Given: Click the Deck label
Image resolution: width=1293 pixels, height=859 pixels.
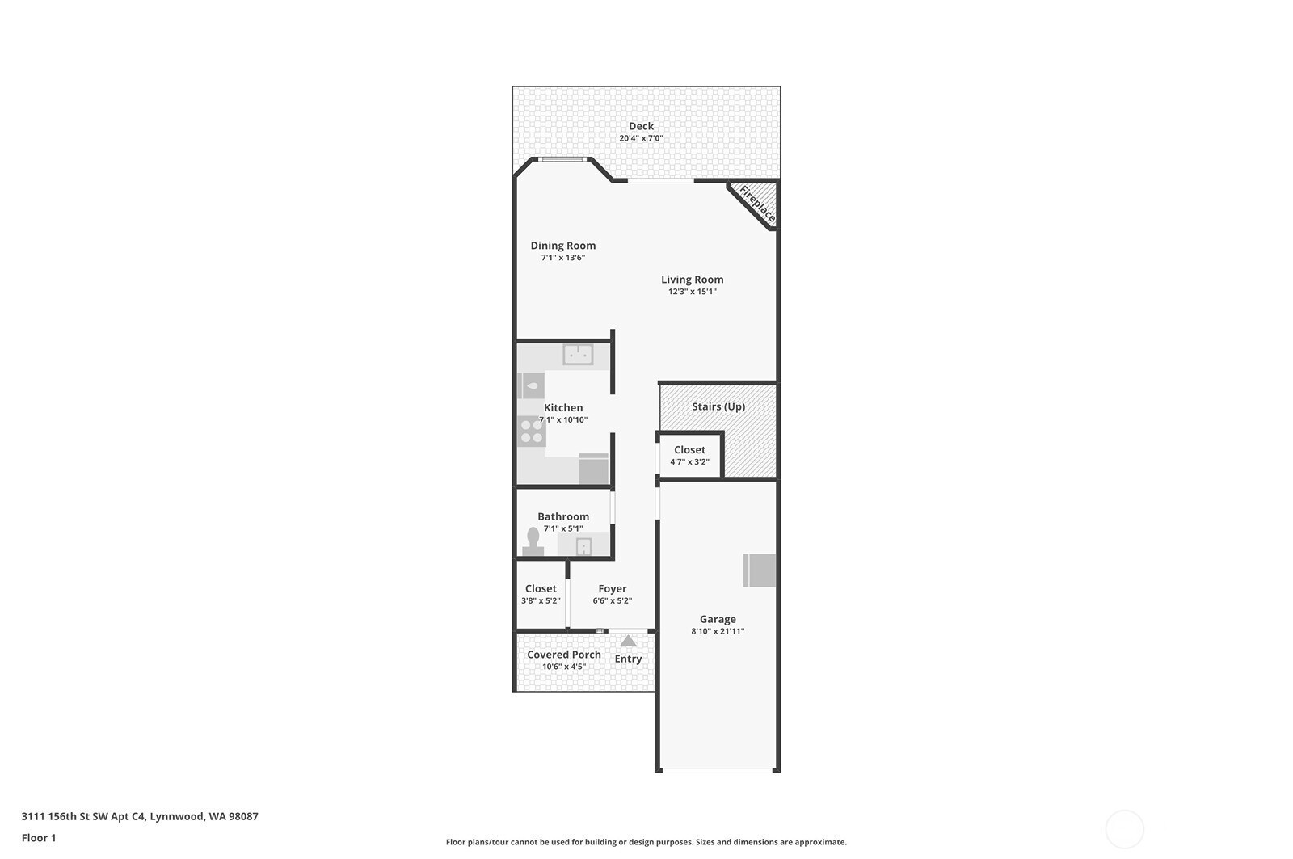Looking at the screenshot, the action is pyautogui.click(x=641, y=126).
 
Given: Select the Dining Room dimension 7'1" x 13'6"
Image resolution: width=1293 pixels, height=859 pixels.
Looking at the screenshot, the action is pyautogui.click(x=562, y=258).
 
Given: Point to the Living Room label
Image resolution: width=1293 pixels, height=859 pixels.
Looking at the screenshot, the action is pyautogui.click(x=692, y=280).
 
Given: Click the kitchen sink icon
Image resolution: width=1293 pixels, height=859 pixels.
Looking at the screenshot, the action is pyautogui.click(x=578, y=355).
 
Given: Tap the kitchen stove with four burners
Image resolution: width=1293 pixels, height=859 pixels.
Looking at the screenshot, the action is pyautogui.click(x=531, y=432).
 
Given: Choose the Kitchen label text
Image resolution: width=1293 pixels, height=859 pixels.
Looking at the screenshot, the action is pyautogui.click(x=562, y=407).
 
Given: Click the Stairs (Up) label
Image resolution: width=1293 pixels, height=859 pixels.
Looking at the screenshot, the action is pyautogui.click(x=718, y=406).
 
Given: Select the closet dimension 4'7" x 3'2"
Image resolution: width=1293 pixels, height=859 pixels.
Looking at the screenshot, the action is pyautogui.click(x=689, y=462).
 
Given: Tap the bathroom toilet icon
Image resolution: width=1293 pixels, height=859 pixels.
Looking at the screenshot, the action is pyautogui.click(x=533, y=541).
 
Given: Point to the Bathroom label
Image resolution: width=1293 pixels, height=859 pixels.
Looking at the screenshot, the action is pyautogui.click(x=562, y=516).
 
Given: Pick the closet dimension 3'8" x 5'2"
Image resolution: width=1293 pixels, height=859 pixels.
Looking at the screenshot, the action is pyautogui.click(x=541, y=600).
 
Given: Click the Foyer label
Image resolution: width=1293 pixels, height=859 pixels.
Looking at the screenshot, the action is pyautogui.click(x=612, y=589).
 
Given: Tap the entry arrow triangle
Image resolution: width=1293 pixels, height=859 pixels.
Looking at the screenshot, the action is pyautogui.click(x=628, y=641).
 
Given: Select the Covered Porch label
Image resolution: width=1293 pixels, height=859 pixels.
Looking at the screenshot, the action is pyautogui.click(x=563, y=655).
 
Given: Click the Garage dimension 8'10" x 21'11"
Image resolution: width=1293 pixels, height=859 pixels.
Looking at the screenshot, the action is pyautogui.click(x=718, y=631).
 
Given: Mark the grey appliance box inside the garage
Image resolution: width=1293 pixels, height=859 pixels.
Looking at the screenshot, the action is pyautogui.click(x=759, y=571).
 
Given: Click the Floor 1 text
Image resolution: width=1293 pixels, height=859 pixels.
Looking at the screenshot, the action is pyautogui.click(x=39, y=838).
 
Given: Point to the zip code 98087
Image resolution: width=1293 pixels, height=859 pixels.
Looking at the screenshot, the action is pyautogui.click(x=243, y=816).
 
